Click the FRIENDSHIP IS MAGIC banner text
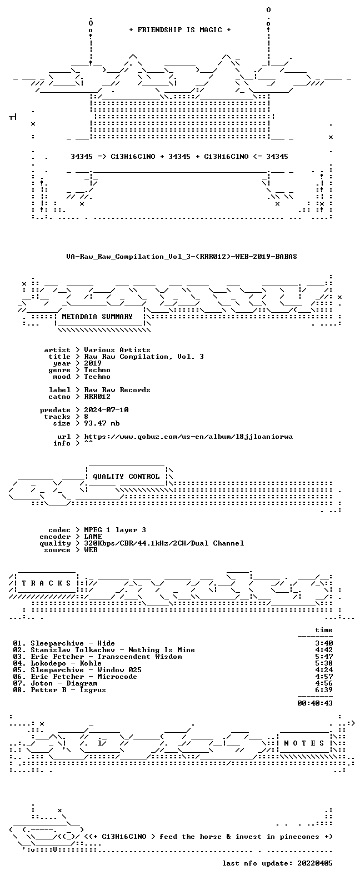(179, 30)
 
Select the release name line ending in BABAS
(182, 257)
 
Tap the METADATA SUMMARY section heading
(97, 316)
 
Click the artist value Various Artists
(117, 350)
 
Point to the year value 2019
(93, 363)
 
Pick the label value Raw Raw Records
(117, 390)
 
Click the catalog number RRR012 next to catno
(97, 397)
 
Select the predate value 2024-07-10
(106, 410)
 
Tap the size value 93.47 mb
(102, 423)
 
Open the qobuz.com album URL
(188, 437)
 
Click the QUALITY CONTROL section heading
(126, 477)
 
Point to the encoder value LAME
(93, 537)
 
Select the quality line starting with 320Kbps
(164, 543)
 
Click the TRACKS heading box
(46, 583)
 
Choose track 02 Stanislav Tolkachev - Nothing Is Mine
(104, 650)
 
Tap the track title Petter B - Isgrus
(68, 690)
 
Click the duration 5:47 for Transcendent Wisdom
(324, 657)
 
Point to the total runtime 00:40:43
(315, 703)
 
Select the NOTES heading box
(304, 743)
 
